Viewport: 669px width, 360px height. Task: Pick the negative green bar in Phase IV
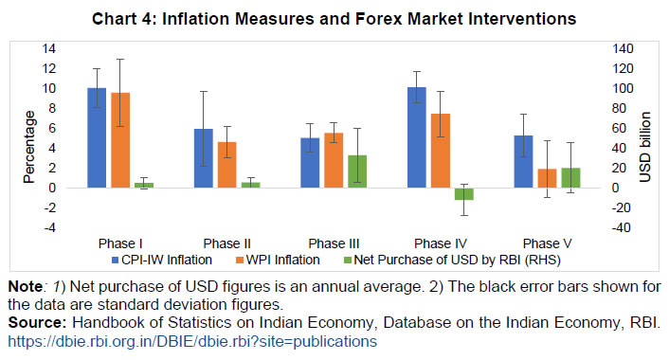point(463,193)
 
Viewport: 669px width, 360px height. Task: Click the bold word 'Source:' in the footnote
point(33,323)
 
